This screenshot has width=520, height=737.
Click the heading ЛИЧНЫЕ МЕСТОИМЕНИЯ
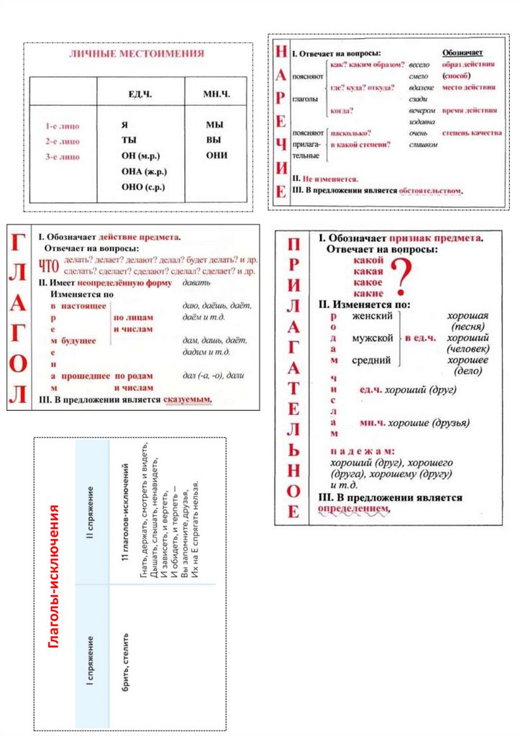[136, 54]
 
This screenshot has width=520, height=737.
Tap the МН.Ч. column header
[216, 94]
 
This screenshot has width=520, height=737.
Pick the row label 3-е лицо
[62, 156]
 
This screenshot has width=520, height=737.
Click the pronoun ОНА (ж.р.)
[144, 171]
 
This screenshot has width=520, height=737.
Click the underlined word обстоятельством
[430, 191]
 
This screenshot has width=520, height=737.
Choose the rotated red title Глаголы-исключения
[53, 576]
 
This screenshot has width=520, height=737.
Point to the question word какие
[368, 293]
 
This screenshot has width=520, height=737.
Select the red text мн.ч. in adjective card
[370, 422]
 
